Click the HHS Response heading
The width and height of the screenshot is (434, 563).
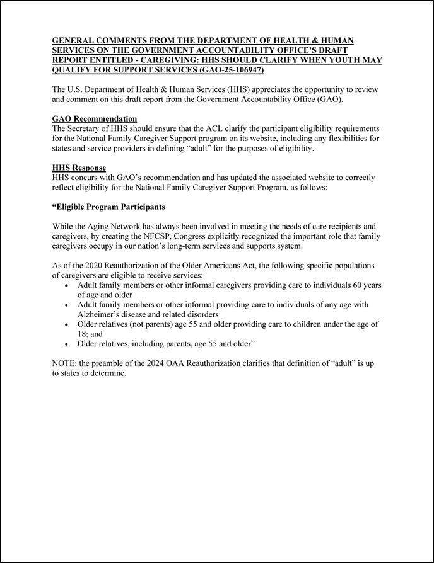coord(79,168)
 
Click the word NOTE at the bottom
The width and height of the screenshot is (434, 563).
coord(65,363)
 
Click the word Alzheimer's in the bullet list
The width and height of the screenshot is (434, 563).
coord(103,314)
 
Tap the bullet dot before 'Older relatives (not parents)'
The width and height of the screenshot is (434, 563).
coord(68,324)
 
